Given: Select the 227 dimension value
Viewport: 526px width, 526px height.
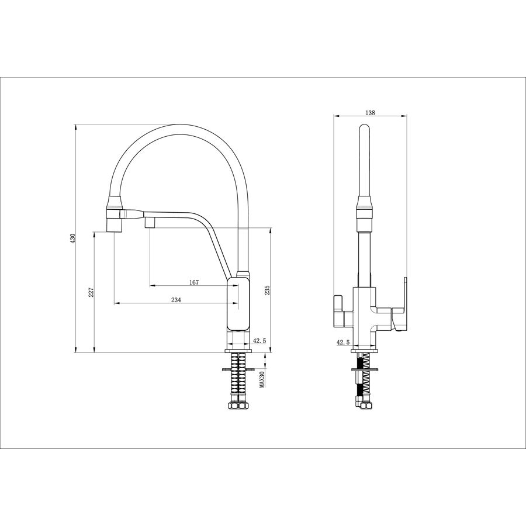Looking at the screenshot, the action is click(x=91, y=293).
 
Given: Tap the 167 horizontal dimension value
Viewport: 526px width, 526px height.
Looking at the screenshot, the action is click(x=194, y=282).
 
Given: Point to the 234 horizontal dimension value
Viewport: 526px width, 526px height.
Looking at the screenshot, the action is click(x=176, y=300).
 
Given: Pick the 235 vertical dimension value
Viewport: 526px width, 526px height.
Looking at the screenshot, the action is click(x=267, y=290).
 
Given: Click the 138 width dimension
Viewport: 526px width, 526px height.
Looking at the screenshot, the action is click(x=370, y=113).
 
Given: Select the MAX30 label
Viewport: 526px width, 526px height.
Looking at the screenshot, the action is click(x=262, y=378).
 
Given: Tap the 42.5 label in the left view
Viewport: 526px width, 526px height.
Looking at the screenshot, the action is click(x=259, y=341).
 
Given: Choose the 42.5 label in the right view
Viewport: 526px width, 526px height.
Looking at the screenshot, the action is click(x=343, y=342).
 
